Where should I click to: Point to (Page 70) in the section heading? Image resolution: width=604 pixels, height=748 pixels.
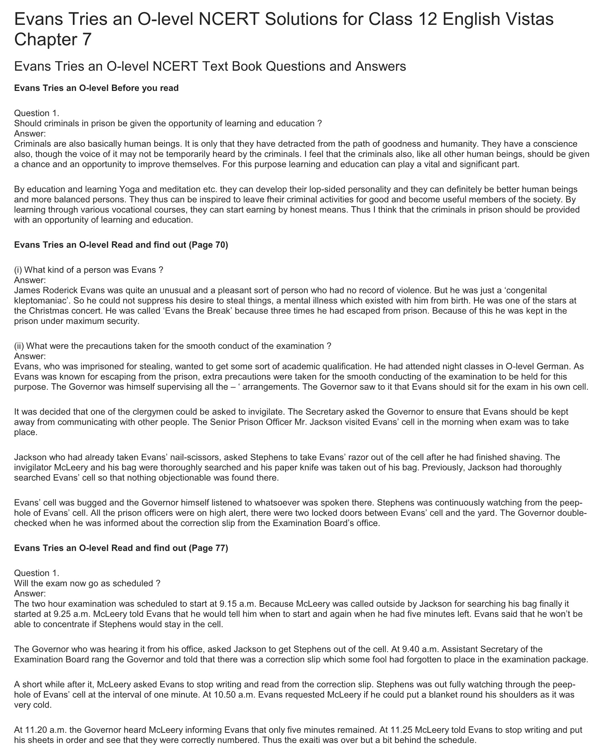pos(208,245)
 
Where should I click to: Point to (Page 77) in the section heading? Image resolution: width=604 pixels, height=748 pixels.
pos(208,548)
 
